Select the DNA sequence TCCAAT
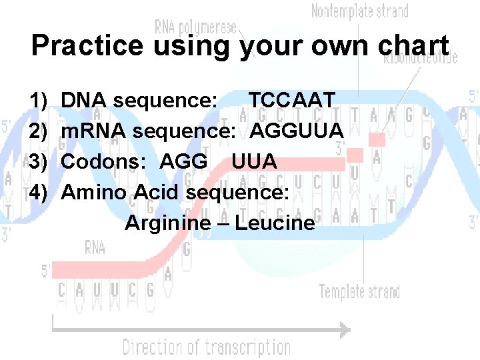tap(291, 101)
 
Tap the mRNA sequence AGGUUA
tap(297, 131)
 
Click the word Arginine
tap(167, 223)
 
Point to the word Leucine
tap(275, 223)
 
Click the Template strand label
tap(359, 292)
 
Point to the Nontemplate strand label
tap(360, 11)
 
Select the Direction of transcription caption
tap(206, 347)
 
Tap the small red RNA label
tap(95, 248)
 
